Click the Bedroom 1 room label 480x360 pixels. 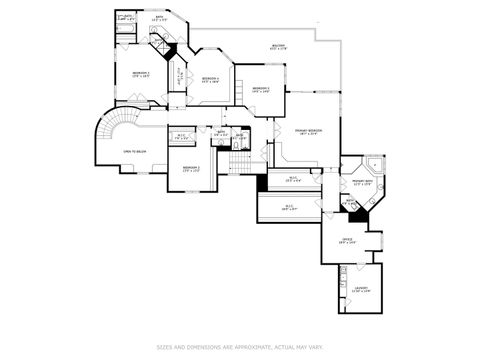tap(141, 74)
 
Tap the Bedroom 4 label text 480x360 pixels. tap(210, 79)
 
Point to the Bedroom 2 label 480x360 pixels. tap(191, 168)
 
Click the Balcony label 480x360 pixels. tap(278, 47)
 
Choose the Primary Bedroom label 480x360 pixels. tap(307, 132)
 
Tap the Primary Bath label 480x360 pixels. tap(361, 183)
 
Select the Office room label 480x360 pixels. tap(348, 240)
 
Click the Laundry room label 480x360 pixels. tap(360, 290)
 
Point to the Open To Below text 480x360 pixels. tap(136, 151)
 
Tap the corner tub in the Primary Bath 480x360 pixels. tap(373, 163)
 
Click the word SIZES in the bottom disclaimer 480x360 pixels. tap(164, 347)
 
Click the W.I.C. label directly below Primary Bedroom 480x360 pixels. tap(293, 180)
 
